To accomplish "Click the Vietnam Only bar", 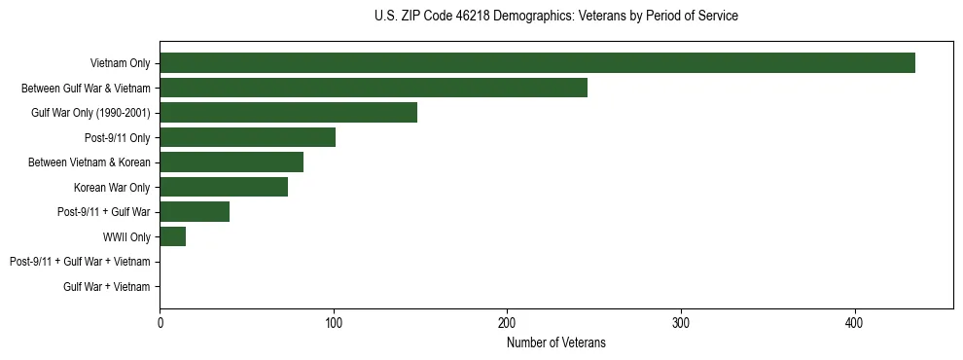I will [x=537, y=63].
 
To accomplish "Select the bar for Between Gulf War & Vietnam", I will [x=374, y=88].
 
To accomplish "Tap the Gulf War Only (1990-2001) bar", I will [x=288, y=113].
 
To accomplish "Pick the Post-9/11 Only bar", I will [x=247, y=137].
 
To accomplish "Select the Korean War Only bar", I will [x=224, y=187].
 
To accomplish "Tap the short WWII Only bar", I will [x=172, y=236].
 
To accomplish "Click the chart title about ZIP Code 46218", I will [x=555, y=17].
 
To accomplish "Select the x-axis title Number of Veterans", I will [x=555, y=342].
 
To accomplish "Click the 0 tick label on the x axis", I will [x=160, y=323].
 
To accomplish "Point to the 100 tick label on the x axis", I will [x=334, y=323].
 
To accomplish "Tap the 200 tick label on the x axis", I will [x=507, y=323].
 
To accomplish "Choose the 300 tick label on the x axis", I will [x=681, y=323].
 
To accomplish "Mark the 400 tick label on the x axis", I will [x=854, y=323].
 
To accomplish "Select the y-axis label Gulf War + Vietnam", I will [x=107, y=286].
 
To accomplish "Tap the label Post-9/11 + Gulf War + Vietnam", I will [x=80, y=262].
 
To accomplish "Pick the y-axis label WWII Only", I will [x=126, y=236].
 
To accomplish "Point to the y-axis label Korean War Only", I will [x=112, y=187].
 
